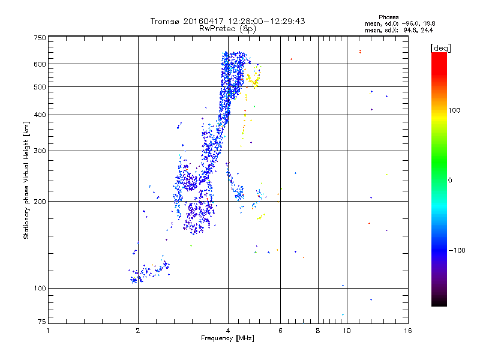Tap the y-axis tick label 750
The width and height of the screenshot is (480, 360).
[x=40, y=38]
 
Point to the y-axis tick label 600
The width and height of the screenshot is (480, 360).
[x=40, y=64]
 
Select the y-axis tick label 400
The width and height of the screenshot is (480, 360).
[x=40, y=115]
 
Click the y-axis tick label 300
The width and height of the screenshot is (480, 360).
[x=40, y=151]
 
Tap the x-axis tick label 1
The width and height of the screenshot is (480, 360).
[x=48, y=331]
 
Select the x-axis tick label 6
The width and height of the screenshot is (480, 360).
[x=280, y=331]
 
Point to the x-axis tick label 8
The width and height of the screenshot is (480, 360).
[x=318, y=331]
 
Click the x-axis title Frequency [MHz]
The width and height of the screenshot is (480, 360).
[x=228, y=339]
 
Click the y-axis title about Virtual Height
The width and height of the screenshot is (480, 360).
[x=26, y=180]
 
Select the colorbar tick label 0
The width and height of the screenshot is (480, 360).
[x=450, y=180]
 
